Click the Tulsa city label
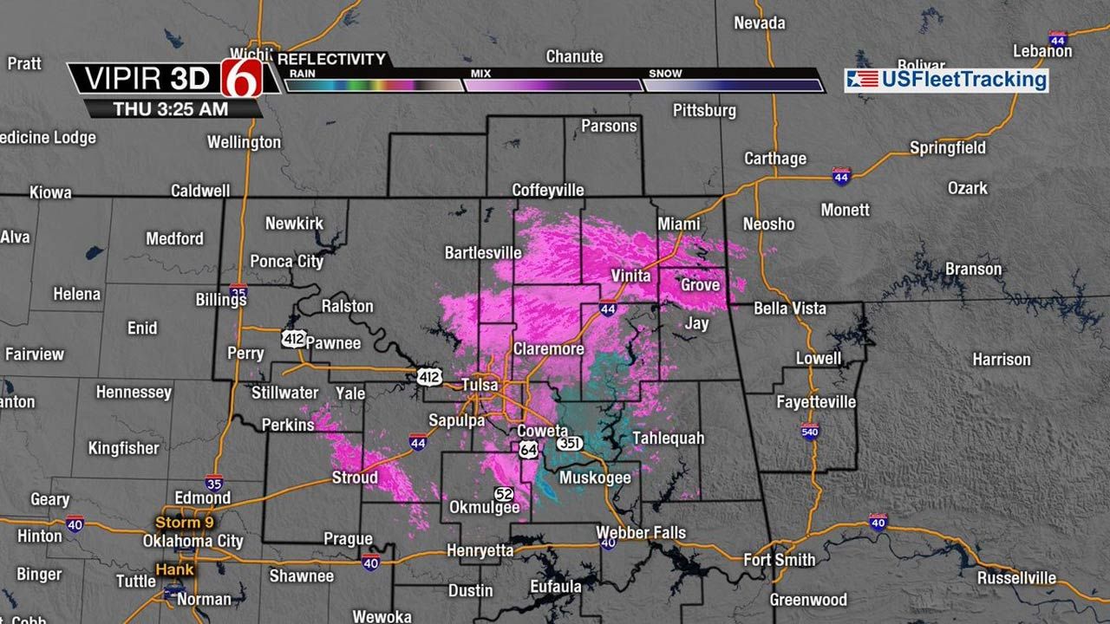click(x=482, y=384)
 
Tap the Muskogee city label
click(x=595, y=478)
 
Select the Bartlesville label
click(x=483, y=253)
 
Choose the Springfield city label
click(x=947, y=148)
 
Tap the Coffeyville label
click(x=548, y=191)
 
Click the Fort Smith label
click(x=780, y=559)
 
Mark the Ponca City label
click(x=286, y=261)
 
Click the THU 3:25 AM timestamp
click(x=171, y=109)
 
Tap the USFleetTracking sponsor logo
click(x=947, y=81)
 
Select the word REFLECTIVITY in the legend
click(x=332, y=59)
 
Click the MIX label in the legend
click(x=480, y=75)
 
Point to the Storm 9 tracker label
click(x=183, y=523)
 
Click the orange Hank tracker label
click(x=174, y=569)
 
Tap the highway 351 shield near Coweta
click(x=569, y=444)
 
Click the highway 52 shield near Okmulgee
click(x=504, y=493)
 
